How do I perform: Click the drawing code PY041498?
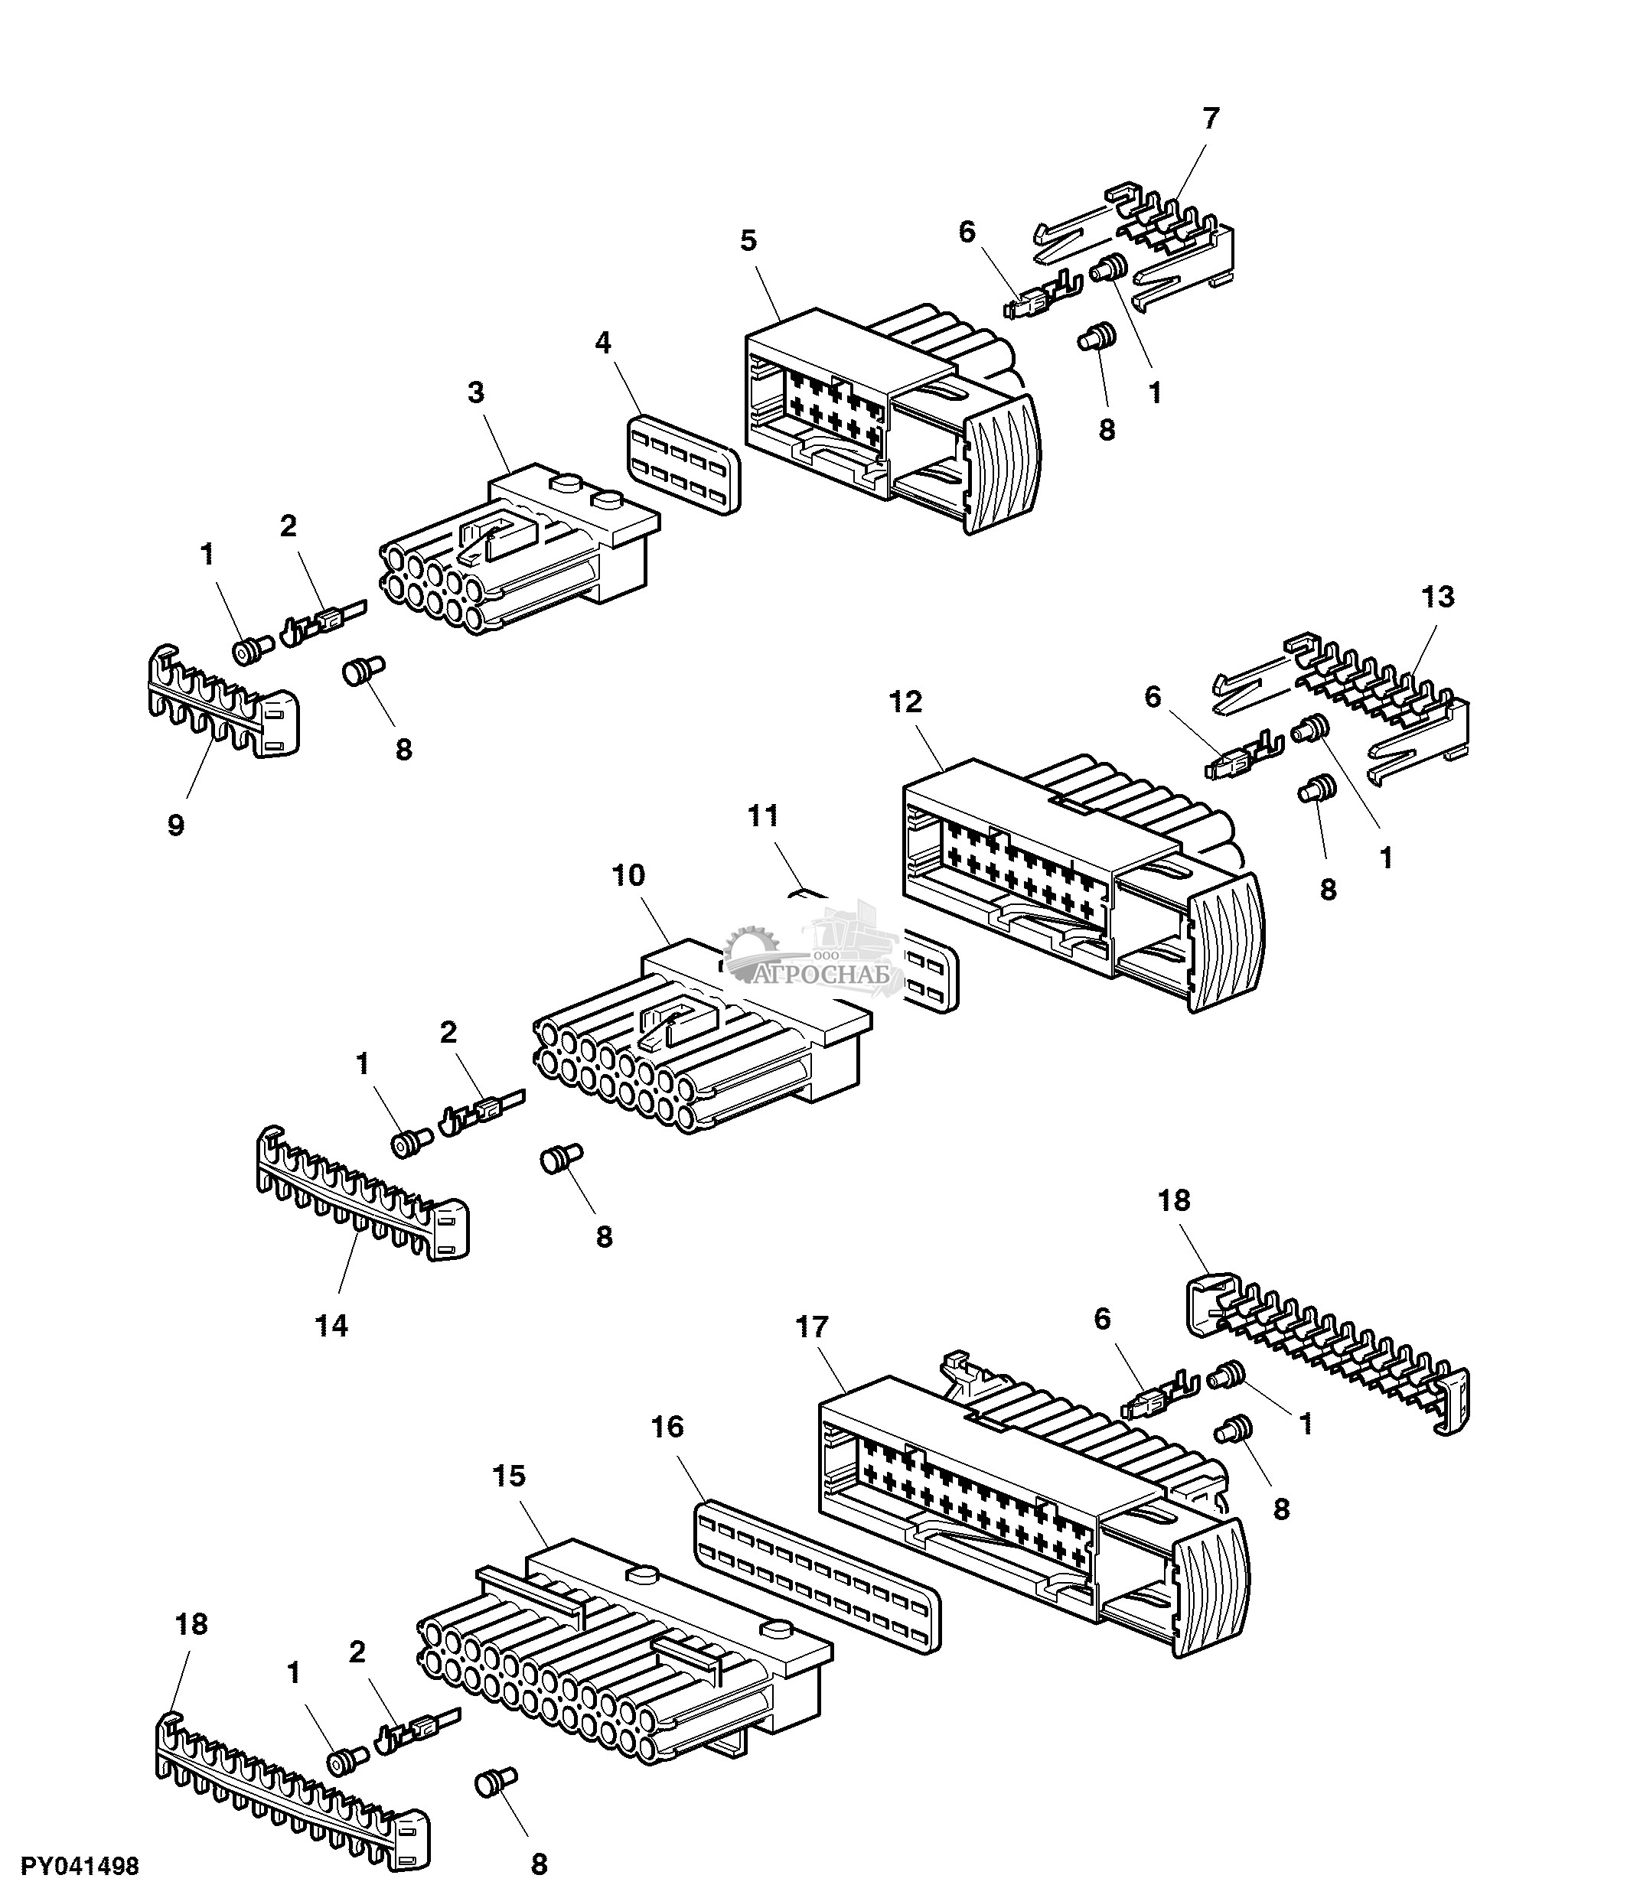coord(80,1866)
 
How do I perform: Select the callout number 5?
coord(748,241)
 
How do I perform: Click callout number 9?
coord(176,825)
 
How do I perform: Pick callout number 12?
coord(905,702)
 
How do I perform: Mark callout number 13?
coord(1437,597)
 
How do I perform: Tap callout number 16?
coord(668,1426)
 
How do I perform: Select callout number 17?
coord(812,1327)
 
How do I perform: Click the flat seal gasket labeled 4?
coord(684,465)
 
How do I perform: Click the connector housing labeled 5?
coord(879,412)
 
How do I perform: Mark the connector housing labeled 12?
coord(1072,879)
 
